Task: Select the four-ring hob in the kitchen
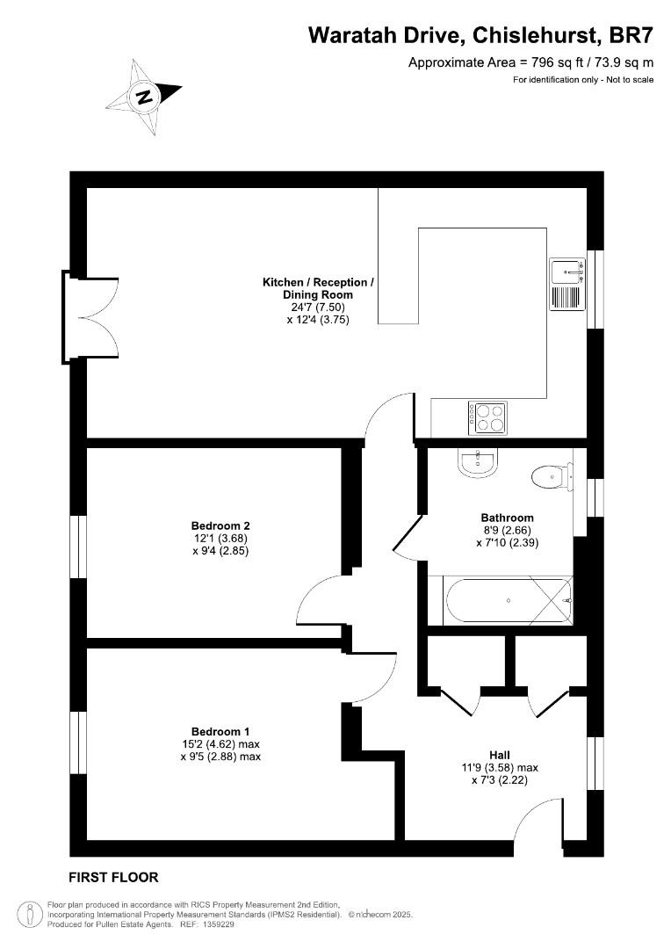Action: pos(487,417)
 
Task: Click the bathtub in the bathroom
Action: pos(508,601)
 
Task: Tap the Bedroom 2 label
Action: pos(214,526)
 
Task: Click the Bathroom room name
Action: pos(507,518)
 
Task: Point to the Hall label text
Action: pos(500,755)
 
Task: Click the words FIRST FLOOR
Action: pos(113,877)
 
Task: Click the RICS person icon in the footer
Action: pos(31,914)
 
